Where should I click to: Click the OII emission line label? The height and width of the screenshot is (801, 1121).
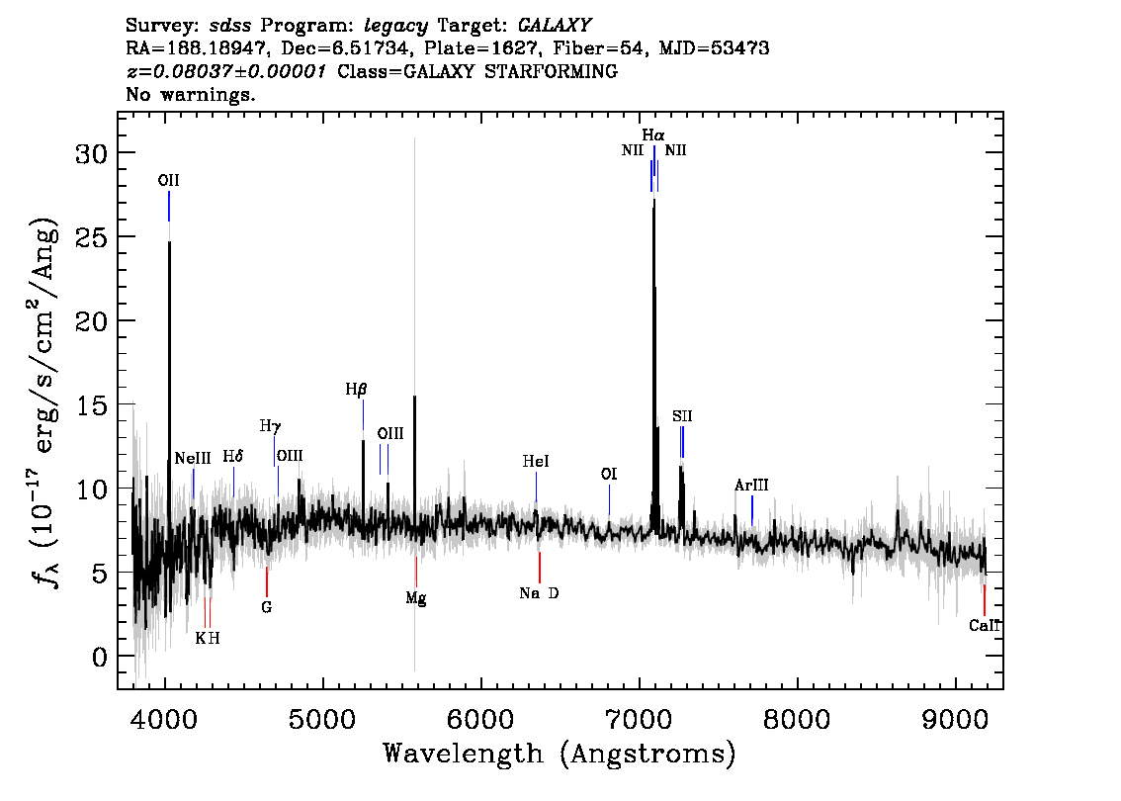click(169, 180)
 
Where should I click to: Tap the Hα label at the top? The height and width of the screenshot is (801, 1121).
click(652, 134)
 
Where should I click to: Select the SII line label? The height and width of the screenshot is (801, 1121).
click(682, 416)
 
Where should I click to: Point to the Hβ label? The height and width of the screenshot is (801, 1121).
click(356, 390)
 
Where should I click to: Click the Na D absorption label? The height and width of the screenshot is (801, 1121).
click(539, 593)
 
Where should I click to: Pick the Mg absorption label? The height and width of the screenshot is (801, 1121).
click(416, 598)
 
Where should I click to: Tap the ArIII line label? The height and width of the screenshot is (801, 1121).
click(751, 485)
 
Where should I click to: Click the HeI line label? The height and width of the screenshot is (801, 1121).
click(536, 461)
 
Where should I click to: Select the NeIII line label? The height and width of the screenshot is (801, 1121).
click(193, 458)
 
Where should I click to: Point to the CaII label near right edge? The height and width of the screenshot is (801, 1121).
click(985, 626)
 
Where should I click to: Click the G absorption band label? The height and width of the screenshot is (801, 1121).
click(267, 607)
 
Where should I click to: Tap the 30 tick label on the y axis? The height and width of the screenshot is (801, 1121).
click(91, 153)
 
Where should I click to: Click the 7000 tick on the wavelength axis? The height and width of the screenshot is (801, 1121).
click(639, 719)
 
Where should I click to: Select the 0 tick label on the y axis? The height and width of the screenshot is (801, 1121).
click(100, 658)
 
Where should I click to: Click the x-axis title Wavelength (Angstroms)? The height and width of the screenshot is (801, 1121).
click(560, 754)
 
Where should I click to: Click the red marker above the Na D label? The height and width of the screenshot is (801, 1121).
click(540, 568)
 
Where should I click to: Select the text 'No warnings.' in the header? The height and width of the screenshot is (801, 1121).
click(190, 94)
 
